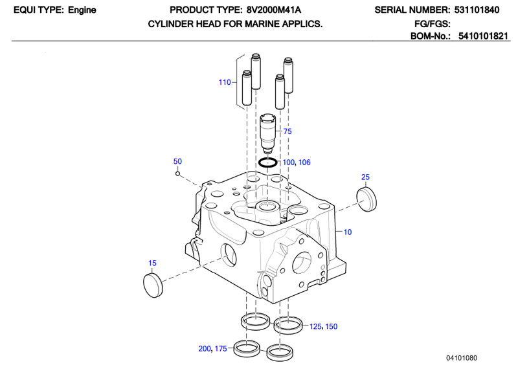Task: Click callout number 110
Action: [225, 82]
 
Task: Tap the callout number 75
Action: [287, 131]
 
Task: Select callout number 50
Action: [178, 161]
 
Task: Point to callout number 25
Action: [365, 177]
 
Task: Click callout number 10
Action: [347, 232]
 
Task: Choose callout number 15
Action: [153, 263]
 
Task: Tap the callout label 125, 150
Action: [324, 326]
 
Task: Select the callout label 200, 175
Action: [212, 349]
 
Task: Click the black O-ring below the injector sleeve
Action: [267, 162]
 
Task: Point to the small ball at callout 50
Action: [177, 173]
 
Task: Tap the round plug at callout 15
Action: [152, 283]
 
